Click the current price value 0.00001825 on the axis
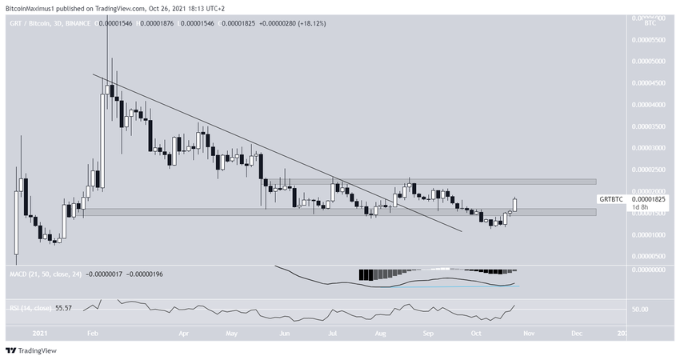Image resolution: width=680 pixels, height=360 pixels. pyautogui.click(x=650, y=198)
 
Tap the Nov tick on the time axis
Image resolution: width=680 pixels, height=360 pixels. pyautogui.click(x=528, y=330)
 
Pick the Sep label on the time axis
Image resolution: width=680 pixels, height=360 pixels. pyautogui.click(x=427, y=330)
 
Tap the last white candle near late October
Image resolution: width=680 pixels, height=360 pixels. pyautogui.click(x=516, y=205)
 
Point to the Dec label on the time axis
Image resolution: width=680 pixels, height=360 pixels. pyautogui.click(x=576, y=330)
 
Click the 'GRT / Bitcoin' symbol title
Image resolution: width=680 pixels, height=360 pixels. pyautogui.click(x=26, y=26)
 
